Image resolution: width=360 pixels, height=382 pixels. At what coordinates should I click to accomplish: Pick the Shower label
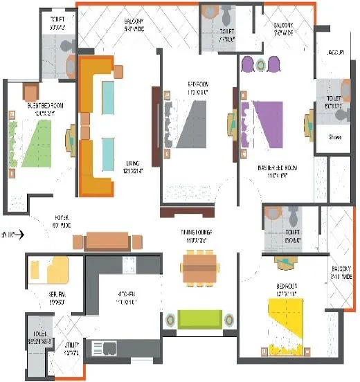336,137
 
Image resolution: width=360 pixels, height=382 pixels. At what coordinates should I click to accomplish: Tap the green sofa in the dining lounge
200,320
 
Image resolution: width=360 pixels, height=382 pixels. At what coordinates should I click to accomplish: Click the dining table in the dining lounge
197,267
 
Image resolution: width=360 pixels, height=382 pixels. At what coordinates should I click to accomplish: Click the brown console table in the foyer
107,240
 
